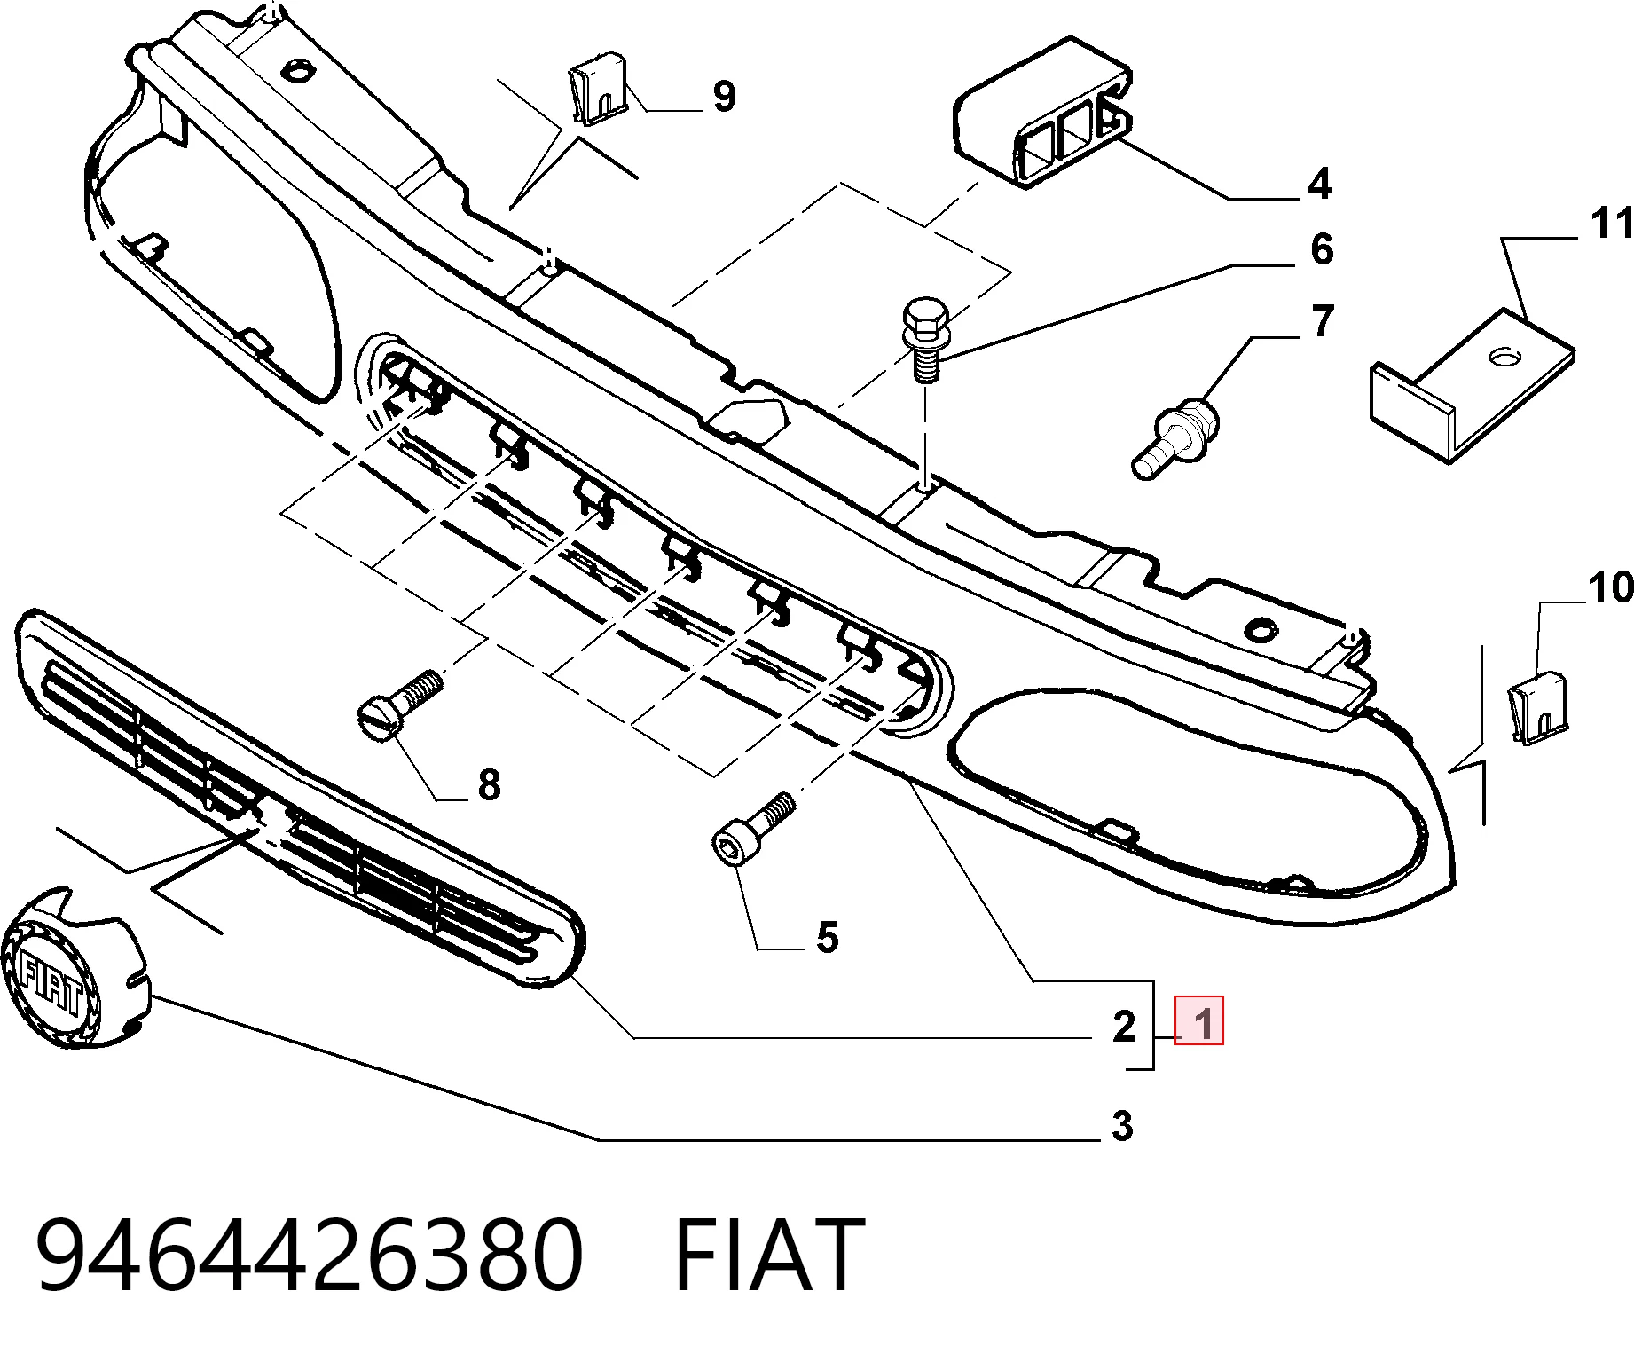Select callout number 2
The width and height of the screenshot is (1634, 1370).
pos(1124,1027)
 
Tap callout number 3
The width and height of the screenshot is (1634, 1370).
pos(1123,1126)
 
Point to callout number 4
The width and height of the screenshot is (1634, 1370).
pos(1320,184)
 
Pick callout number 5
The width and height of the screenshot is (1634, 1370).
pos(827,937)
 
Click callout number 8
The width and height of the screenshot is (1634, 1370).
pos(489,784)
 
